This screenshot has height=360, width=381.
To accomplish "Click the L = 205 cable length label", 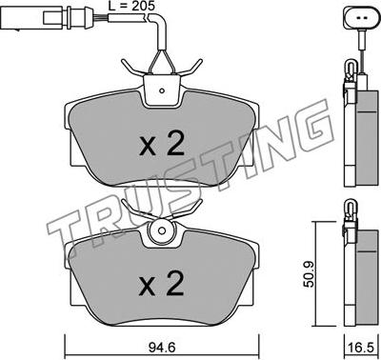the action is click(131, 6).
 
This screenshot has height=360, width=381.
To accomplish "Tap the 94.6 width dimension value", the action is click(162, 348).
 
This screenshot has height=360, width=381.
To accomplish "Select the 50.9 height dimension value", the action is click(309, 274).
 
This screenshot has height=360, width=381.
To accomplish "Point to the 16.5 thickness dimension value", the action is click(361, 348).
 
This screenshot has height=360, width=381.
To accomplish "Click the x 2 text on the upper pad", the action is click(162, 144).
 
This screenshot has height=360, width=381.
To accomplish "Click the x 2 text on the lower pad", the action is click(162, 284).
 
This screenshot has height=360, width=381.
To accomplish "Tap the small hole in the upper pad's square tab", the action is click(162, 91).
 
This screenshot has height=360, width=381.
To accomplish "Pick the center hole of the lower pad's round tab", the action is click(162, 230).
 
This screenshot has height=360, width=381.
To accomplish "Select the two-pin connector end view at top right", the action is click(361, 17).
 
